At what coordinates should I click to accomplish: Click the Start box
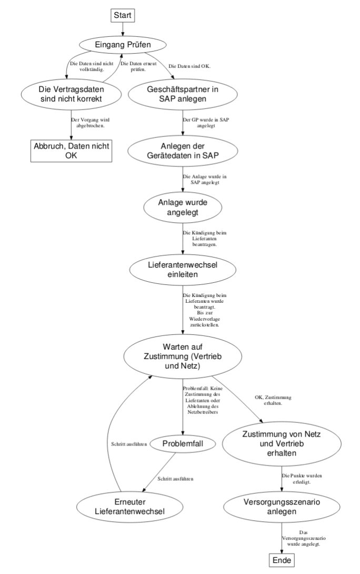tap(123, 15)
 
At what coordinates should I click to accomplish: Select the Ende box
tap(282, 560)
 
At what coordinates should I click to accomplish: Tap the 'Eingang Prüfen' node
tap(123, 45)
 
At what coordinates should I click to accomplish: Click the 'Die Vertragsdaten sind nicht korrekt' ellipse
tap(72, 94)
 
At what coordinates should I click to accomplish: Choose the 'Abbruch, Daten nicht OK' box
tap(72, 151)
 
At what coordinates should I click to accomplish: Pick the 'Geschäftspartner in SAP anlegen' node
tap(183, 94)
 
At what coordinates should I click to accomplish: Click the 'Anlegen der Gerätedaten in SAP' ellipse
tap(183, 151)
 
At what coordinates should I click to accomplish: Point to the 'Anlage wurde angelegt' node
tap(183, 207)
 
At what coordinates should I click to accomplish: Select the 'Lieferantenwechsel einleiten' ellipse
tap(183, 269)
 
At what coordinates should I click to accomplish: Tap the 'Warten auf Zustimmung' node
tap(183, 356)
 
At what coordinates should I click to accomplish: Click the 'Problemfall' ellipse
tap(183, 444)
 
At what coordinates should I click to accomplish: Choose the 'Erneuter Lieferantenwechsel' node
tap(129, 507)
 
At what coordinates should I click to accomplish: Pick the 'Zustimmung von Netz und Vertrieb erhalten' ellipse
tap(282, 444)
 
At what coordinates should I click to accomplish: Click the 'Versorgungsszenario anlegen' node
tap(282, 507)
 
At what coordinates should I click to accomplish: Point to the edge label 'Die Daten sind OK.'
tap(189, 67)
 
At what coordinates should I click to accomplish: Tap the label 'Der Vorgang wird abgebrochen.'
tap(89, 123)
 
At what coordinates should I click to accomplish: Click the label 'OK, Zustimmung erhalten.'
tap(273, 400)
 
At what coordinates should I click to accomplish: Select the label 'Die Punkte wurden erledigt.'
tap(302, 479)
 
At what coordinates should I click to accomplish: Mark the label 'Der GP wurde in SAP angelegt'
tap(206, 123)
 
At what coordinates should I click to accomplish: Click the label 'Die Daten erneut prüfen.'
tap(138, 66)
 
